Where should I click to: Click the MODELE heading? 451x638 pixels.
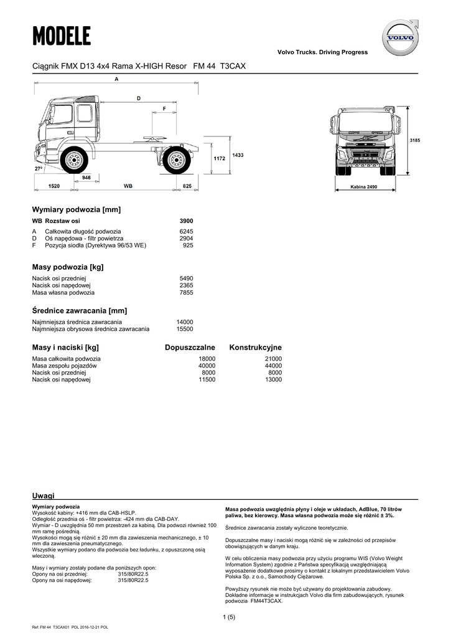click(62, 37)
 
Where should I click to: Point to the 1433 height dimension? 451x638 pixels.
click(237, 155)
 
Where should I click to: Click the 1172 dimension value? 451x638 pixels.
click(218, 159)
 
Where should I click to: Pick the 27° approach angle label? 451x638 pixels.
click(38, 169)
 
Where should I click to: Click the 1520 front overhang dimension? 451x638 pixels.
click(53, 186)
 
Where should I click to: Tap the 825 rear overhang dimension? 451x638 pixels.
click(187, 186)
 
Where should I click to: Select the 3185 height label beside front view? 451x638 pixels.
click(415, 141)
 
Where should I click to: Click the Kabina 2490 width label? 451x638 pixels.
click(364, 187)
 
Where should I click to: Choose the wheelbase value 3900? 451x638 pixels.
click(186, 221)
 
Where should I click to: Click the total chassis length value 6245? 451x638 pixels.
click(186, 231)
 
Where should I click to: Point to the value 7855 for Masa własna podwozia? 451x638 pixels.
click(186, 292)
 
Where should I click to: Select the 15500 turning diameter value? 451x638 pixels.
click(185, 328)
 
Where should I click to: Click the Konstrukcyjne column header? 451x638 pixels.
click(255, 347)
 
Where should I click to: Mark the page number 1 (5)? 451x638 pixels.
click(228, 617)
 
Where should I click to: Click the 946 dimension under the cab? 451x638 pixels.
click(86, 178)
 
